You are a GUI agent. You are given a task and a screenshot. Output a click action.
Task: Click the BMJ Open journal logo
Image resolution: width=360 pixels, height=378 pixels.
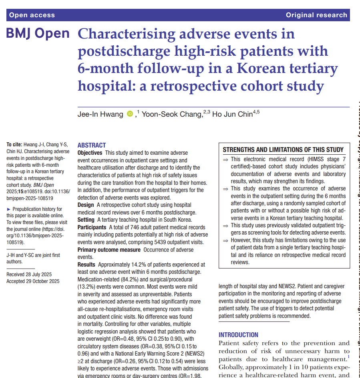click(x=38, y=34)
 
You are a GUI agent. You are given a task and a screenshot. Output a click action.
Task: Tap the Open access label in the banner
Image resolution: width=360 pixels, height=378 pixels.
click(x=32, y=15)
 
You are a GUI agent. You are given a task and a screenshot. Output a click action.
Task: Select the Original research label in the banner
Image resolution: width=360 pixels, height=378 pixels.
click(x=316, y=15)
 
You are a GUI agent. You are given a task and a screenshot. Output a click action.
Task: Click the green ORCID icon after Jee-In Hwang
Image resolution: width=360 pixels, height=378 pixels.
click(x=130, y=114)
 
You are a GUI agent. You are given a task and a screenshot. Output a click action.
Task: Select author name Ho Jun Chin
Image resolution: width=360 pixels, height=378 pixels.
click(x=232, y=115)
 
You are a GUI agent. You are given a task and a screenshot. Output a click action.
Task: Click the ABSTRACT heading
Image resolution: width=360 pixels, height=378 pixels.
click(x=92, y=146)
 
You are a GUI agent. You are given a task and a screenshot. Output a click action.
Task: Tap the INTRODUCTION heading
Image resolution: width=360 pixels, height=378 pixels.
click(x=238, y=335)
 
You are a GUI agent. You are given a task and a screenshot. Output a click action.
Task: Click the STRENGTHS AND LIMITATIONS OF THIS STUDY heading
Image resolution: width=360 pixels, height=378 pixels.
click(x=283, y=150)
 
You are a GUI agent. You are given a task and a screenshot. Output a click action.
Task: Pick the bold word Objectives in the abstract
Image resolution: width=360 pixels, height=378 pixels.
click(x=90, y=153)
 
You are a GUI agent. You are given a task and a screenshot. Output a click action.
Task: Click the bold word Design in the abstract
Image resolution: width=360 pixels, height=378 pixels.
click(x=86, y=205)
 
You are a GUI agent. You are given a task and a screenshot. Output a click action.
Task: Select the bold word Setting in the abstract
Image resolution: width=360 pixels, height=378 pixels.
click(x=86, y=220)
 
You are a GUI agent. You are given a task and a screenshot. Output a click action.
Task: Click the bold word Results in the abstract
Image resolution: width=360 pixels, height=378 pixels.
click(x=86, y=265)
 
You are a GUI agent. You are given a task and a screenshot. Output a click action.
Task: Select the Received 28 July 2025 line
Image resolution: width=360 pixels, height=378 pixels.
click(x=29, y=274)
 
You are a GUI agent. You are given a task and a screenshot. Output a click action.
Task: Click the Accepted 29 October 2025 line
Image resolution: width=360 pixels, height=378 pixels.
click(x=33, y=281)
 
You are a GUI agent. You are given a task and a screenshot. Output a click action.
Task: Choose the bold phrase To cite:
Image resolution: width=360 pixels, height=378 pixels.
click(x=14, y=145)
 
